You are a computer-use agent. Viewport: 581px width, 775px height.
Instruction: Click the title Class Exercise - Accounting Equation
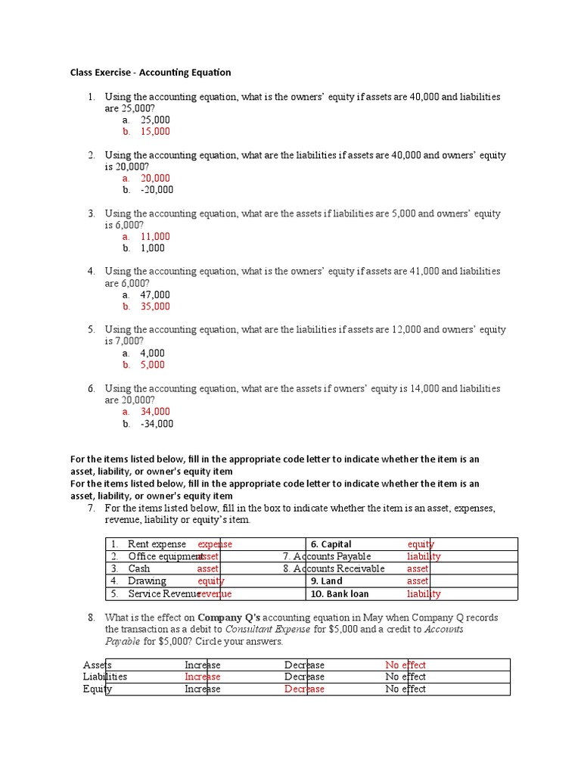tap(151, 73)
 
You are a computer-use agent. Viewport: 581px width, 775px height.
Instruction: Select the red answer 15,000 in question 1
tap(155, 132)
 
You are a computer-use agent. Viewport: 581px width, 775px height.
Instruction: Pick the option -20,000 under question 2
tap(157, 190)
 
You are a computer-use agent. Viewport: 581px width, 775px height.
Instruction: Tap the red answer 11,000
tap(155, 237)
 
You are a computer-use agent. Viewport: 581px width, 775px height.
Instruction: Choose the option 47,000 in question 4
tap(155, 295)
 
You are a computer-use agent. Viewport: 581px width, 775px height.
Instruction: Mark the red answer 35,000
tap(155, 307)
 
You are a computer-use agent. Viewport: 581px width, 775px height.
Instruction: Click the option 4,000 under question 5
tap(152, 353)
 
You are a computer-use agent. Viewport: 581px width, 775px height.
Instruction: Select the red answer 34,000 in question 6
tap(155, 412)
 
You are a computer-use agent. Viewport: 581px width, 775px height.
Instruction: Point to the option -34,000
tap(157, 424)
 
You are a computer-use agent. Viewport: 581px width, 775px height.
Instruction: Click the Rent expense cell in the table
tap(157, 544)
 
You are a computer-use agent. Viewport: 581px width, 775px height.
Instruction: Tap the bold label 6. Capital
tap(331, 544)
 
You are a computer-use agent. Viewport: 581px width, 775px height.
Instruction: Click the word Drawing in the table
tap(147, 581)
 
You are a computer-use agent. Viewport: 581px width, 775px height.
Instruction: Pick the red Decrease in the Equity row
tap(304, 689)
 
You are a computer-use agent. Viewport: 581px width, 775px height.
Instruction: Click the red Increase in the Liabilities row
tap(203, 677)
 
